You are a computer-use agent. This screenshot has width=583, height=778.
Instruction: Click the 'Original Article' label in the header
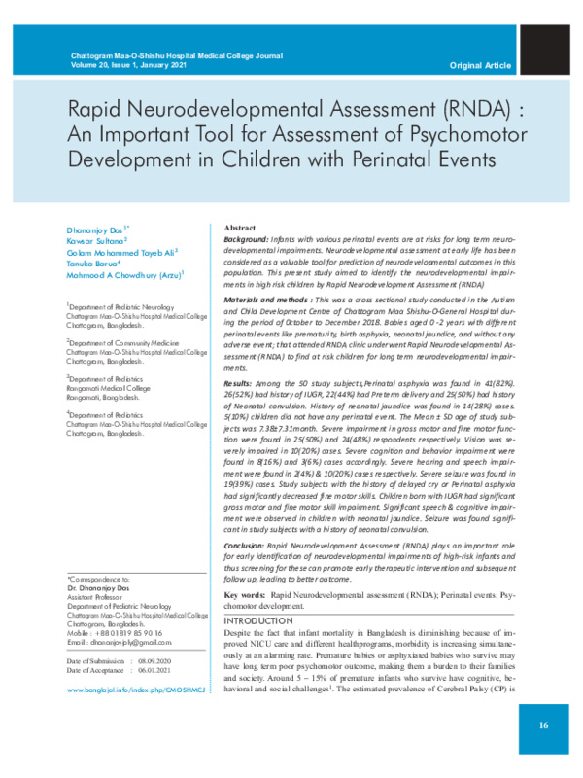pos(480,65)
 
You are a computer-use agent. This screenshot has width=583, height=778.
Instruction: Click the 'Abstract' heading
pos(240,226)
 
